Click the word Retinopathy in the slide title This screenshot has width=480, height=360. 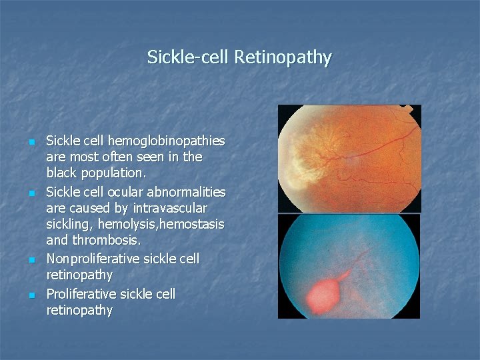(282, 57)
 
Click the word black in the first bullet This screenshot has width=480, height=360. (63, 173)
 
